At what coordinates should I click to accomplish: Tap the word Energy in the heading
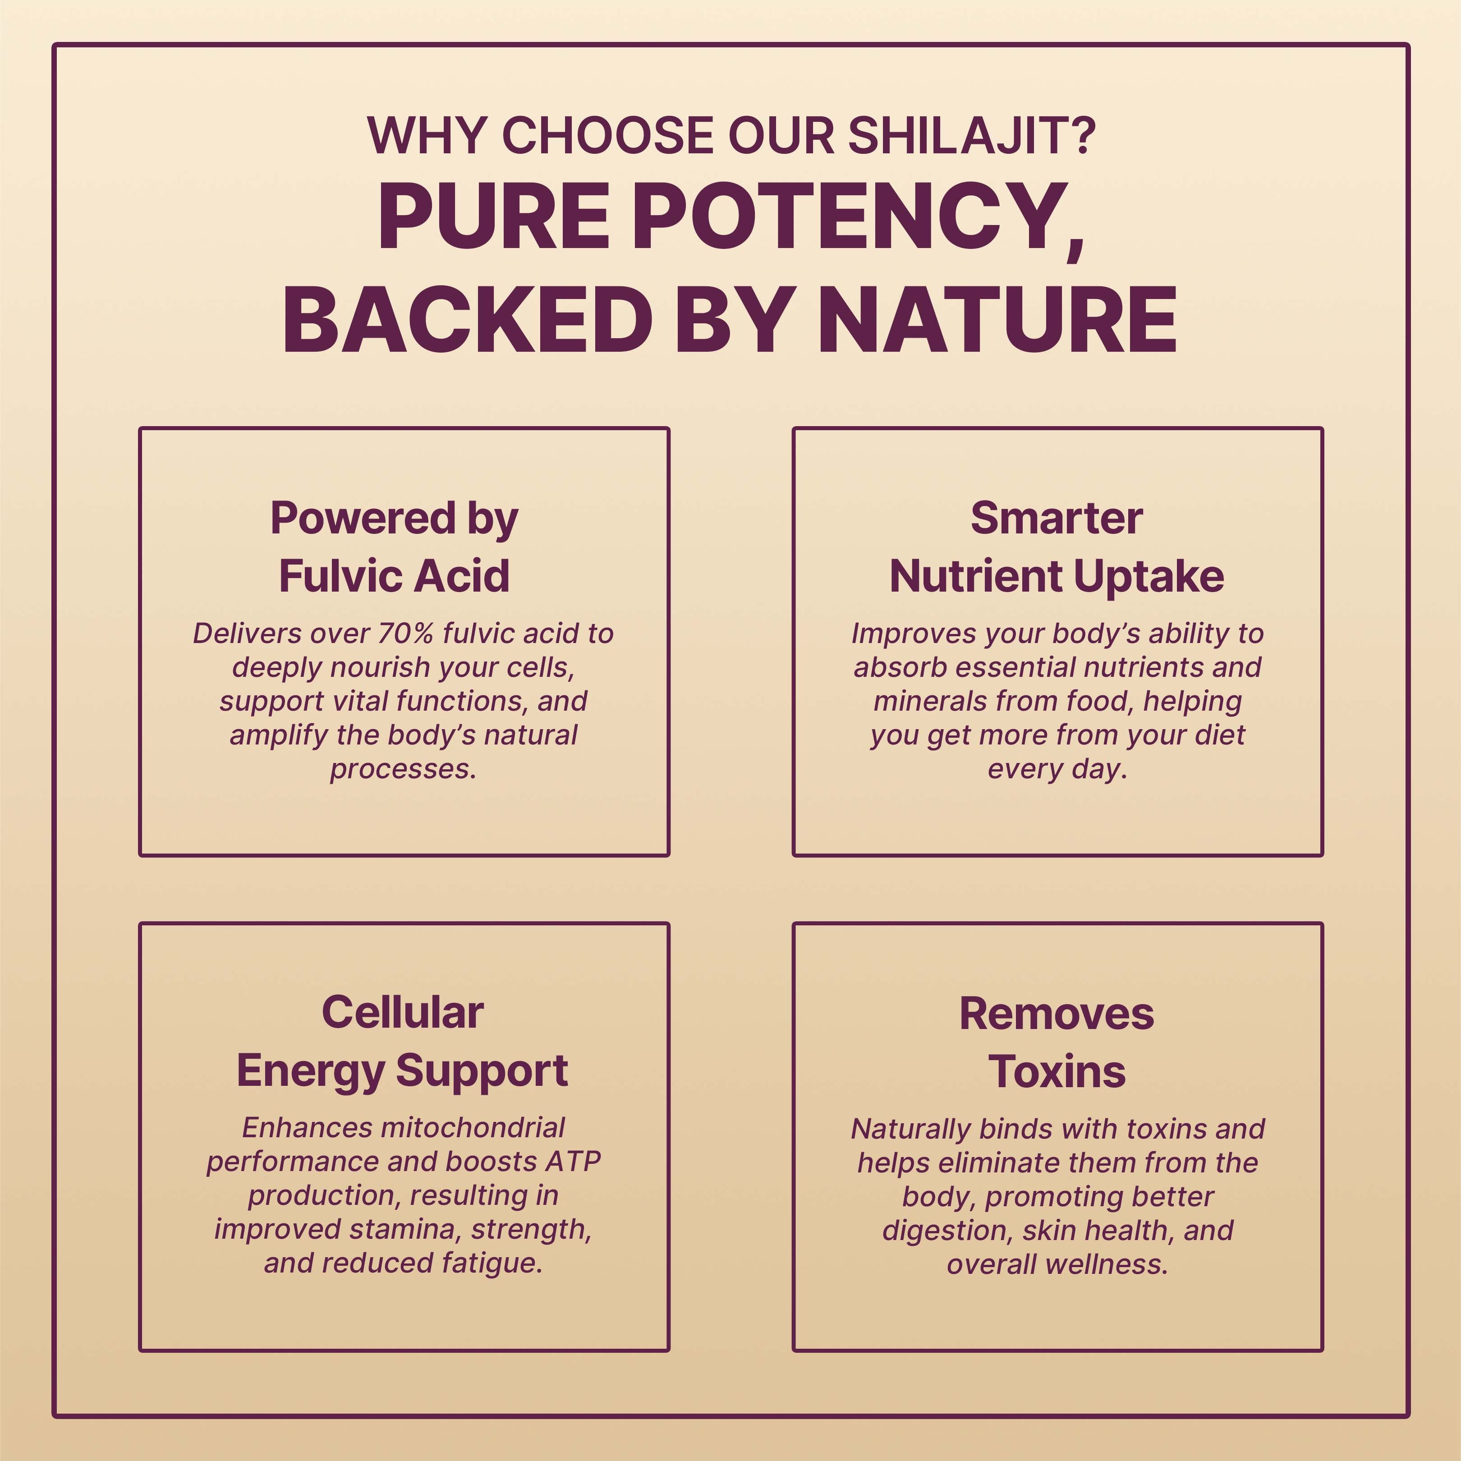click(311, 1071)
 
